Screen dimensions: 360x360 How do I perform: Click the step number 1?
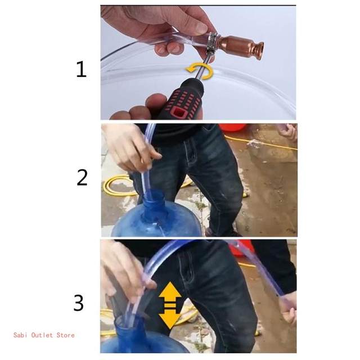(x=81, y=69)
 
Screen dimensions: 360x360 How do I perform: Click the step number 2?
(x=82, y=177)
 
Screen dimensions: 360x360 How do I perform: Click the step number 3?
(x=79, y=303)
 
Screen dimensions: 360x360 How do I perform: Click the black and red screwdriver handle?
(x=181, y=100)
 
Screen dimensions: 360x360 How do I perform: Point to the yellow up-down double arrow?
(x=170, y=305)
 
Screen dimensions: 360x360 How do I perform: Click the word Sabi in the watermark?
(x=21, y=335)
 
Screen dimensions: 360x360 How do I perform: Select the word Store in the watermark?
(x=65, y=335)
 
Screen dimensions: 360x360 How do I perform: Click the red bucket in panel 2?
(x=232, y=127)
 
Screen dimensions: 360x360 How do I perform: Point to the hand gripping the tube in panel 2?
(x=131, y=146)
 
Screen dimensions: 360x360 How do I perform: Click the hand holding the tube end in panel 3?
(x=287, y=308)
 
